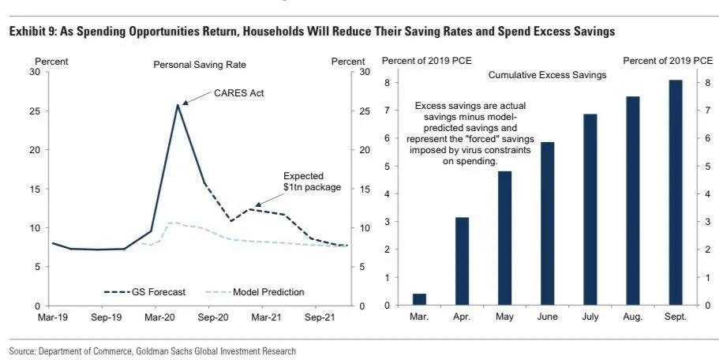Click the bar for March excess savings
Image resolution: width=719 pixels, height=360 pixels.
point(419,300)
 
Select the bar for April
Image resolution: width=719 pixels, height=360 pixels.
point(463,261)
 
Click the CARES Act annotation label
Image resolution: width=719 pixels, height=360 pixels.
point(239,93)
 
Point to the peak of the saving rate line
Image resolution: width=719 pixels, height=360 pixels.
point(178,104)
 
